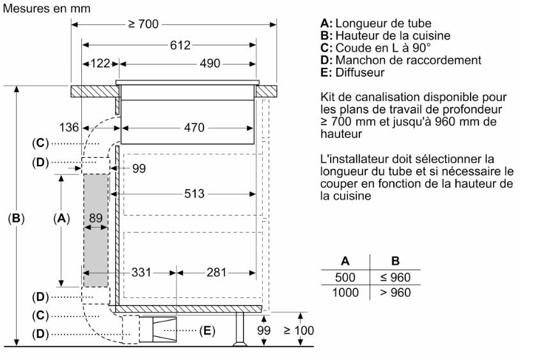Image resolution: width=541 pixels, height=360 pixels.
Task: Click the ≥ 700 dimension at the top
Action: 143,24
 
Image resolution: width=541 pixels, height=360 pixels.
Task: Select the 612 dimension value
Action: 180,45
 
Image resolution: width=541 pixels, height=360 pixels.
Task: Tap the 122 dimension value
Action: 100,63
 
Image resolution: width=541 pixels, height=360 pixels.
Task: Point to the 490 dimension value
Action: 210,63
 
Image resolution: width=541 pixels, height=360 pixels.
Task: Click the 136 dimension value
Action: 69,127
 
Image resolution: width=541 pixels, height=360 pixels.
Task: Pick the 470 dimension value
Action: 194,128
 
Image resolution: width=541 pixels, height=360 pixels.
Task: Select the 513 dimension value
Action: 194,194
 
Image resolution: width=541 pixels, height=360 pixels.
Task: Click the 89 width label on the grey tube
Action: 95,218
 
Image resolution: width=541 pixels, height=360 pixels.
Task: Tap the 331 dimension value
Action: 141,272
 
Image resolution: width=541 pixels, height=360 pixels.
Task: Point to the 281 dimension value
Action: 216,272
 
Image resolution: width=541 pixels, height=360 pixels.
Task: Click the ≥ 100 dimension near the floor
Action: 299,331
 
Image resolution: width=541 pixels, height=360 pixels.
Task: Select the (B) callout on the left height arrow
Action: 16,219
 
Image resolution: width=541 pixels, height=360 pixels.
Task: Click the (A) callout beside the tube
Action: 61,219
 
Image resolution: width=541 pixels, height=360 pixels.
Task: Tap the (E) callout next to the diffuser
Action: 207,331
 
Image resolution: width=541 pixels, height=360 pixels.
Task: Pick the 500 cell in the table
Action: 345,277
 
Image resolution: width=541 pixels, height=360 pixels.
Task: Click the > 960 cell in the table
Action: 395,292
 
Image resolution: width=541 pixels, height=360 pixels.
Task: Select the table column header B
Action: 395,261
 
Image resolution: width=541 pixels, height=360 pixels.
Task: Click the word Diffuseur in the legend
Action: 360,72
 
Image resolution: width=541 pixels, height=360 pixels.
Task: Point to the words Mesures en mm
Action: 47,8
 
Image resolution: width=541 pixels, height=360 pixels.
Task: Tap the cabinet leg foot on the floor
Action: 240,343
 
